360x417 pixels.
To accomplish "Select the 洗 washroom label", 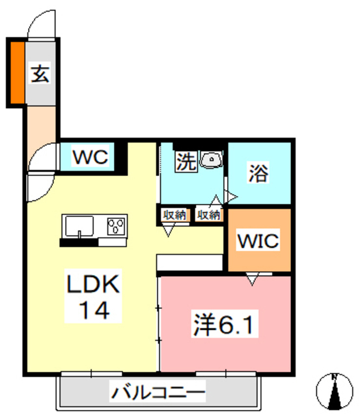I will pos(186,162).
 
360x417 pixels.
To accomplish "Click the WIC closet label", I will pos(258,240).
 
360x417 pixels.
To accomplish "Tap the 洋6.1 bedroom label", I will pos(224,324).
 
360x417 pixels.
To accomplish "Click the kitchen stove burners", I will pos(116,226).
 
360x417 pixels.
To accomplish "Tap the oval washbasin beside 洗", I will pos(211,160).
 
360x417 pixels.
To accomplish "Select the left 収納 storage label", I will pos(174,214).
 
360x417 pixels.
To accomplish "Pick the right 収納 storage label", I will pos(208,214).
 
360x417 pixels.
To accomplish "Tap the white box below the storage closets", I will pos(189,261).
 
